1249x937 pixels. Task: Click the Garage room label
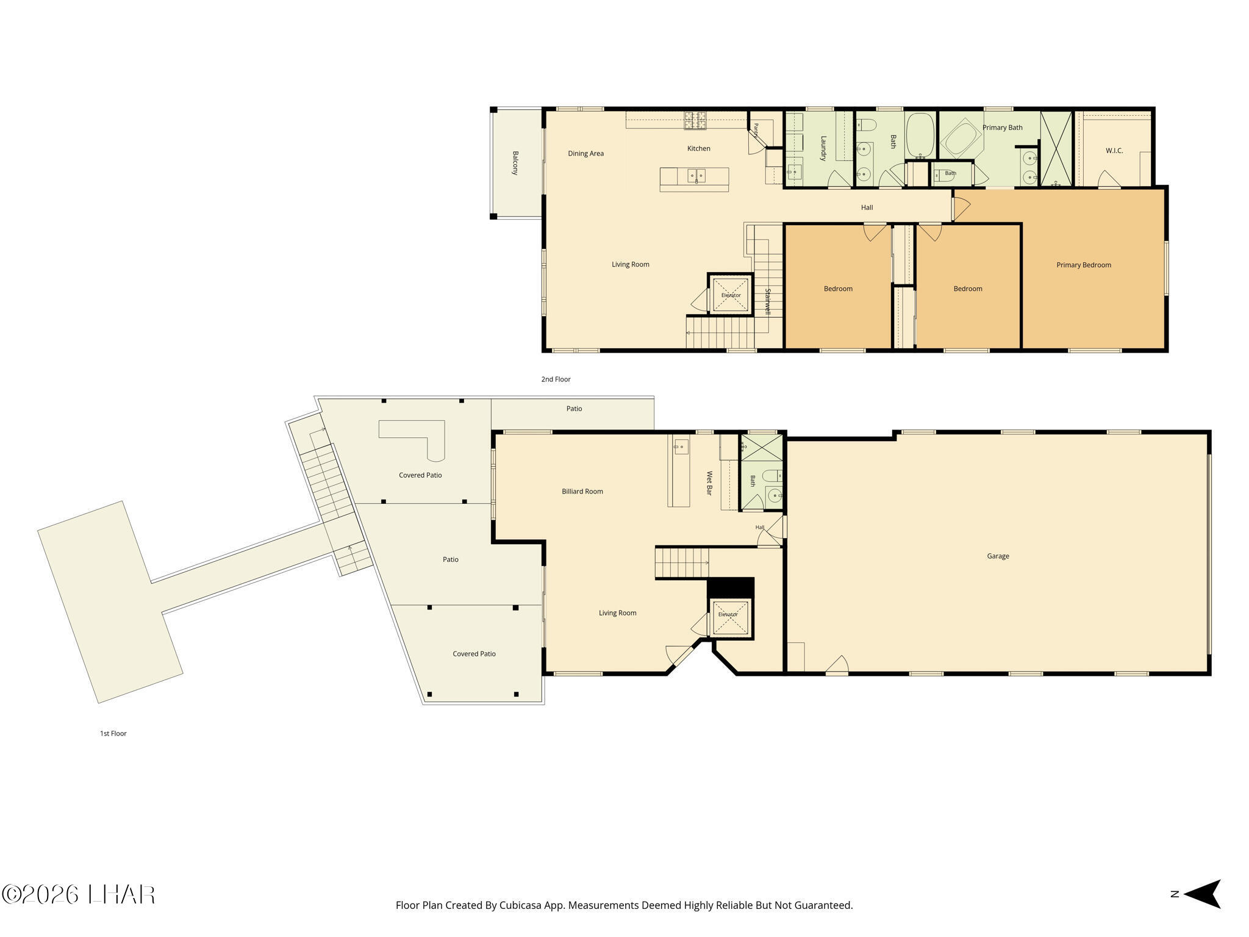click(998, 556)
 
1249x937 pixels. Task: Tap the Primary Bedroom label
click(1084, 265)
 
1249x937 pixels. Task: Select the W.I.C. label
click(1114, 151)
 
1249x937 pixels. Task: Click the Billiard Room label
click(582, 491)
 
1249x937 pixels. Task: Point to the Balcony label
click(515, 163)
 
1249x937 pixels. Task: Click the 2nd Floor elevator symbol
click(731, 295)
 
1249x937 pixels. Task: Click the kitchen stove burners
click(695, 120)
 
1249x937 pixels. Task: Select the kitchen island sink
click(696, 176)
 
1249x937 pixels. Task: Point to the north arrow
click(1202, 894)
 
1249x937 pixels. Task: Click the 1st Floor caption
click(113, 733)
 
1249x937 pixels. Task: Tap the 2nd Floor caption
click(556, 379)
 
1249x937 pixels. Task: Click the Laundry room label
click(823, 148)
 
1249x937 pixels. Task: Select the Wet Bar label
click(709, 483)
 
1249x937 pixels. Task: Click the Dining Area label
click(585, 153)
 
